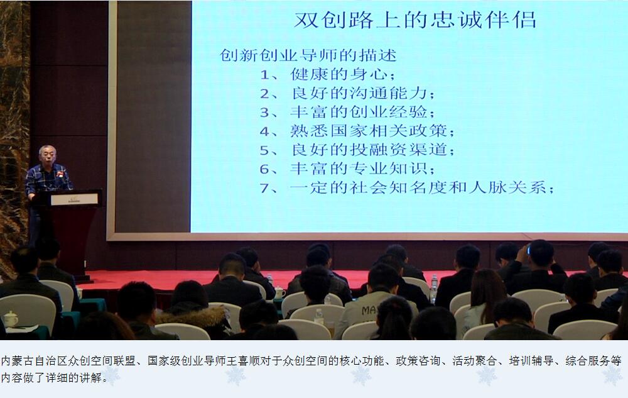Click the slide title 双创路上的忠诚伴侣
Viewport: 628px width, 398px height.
click(x=415, y=20)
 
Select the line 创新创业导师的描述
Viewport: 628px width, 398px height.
click(x=308, y=55)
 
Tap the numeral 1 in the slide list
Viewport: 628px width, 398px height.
click(x=265, y=75)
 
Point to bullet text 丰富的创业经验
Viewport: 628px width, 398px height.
click(x=359, y=112)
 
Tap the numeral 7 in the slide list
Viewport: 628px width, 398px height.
click(x=265, y=187)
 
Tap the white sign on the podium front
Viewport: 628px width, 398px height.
click(x=74, y=199)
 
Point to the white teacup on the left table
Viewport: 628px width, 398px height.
click(x=11, y=319)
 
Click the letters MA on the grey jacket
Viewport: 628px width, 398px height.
click(x=369, y=310)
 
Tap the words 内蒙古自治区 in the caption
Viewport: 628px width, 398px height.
click(x=34, y=361)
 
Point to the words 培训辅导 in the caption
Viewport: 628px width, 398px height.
click(x=531, y=361)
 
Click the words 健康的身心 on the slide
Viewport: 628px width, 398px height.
click(x=339, y=75)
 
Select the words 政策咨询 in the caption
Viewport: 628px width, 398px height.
click(x=418, y=361)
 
